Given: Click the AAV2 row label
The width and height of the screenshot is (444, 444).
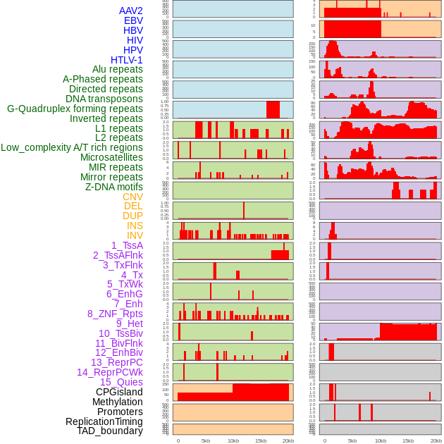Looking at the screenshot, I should pyautogui.click(x=131, y=11).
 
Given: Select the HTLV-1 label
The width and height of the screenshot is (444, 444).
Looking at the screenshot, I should pyautogui.click(x=127, y=60).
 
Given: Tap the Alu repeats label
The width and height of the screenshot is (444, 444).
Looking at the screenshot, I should pyautogui.click(x=118, y=69).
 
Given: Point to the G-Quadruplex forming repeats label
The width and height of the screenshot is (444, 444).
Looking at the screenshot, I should pyautogui.click(x=75, y=109).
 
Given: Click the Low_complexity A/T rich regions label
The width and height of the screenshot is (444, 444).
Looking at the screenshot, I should pyautogui.click(x=72, y=147).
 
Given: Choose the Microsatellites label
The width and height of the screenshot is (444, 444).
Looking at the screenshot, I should pyautogui.click(x=111, y=157).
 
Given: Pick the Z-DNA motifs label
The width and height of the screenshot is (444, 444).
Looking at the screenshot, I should pyautogui.click(x=114, y=187).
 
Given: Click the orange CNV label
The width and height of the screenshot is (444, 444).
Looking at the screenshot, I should pyautogui.click(x=132, y=197).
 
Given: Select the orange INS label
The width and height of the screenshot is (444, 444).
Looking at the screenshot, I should pyautogui.click(x=135, y=226).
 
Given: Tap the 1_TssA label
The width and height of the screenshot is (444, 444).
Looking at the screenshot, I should pyautogui.click(x=127, y=245).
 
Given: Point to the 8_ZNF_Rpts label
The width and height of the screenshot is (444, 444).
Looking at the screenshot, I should pyautogui.click(x=115, y=314).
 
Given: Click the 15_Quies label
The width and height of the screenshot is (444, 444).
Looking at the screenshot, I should pyautogui.click(x=121, y=382).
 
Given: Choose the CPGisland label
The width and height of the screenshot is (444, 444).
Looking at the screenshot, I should pyautogui.click(x=119, y=392).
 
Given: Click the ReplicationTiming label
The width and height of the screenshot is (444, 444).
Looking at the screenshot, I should pyautogui.click(x=104, y=421).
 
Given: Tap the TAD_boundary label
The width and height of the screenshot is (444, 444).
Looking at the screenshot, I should pyautogui.click(x=110, y=431).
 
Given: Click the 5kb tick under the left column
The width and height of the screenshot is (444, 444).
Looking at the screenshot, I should pyautogui.click(x=206, y=440).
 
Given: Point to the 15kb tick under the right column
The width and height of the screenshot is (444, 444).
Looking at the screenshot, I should pyautogui.click(x=408, y=440).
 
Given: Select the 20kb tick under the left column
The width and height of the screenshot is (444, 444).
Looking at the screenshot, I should pyautogui.click(x=288, y=440).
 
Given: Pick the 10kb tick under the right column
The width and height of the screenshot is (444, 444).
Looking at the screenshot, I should pyautogui.click(x=381, y=440).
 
